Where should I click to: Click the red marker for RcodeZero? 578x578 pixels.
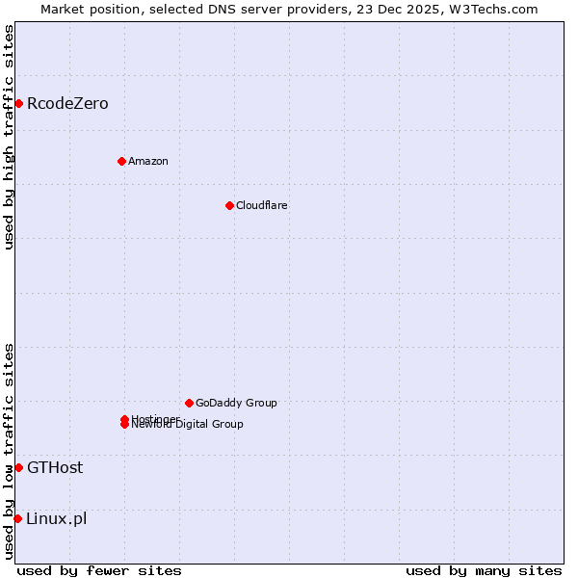pos(18,103)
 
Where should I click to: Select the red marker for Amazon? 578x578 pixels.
pos(121,161)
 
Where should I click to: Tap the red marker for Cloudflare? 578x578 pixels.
pos(229,205)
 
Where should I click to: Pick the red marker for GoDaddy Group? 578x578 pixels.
pos(189,403)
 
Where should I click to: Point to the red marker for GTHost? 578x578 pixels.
pos(18,467)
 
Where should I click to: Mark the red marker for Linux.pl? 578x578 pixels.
pos(18,518)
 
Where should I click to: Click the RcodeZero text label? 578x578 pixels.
pos(67,103)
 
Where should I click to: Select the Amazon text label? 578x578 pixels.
pos(148,161)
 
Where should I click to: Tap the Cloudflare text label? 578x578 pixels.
pos(262,205)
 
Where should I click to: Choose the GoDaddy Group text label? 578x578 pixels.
pos(236,403)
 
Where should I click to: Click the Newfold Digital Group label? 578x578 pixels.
pos(188,425)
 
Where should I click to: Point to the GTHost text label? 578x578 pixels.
pos(55,467)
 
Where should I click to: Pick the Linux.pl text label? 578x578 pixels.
pos(57,518)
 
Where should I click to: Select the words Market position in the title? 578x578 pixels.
pos(86,9)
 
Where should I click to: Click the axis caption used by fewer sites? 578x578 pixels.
pos(99,570)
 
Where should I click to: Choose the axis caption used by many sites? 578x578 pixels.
pos(484,570)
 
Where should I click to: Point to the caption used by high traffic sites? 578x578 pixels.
pos(9,137)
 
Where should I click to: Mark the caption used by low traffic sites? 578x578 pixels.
pos(9,451)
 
